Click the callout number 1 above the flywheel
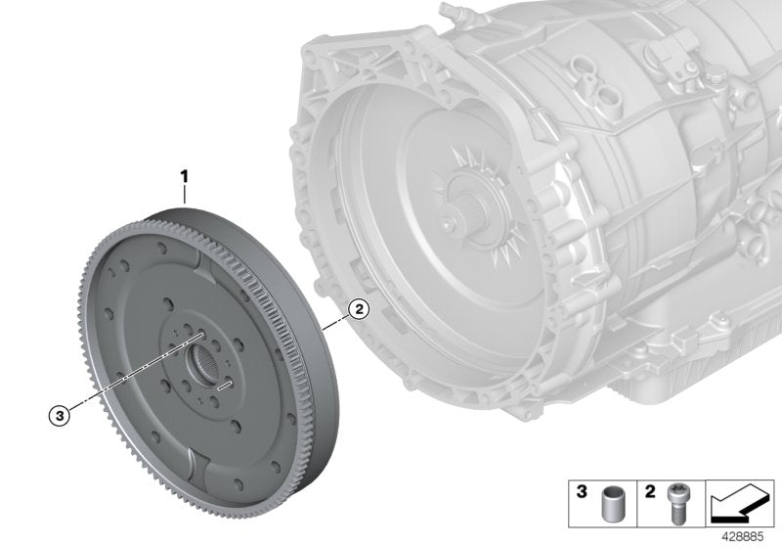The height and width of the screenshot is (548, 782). [183, 176]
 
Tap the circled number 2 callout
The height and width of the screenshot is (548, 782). [359, 310]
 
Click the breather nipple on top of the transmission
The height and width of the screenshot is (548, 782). [453, 17]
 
